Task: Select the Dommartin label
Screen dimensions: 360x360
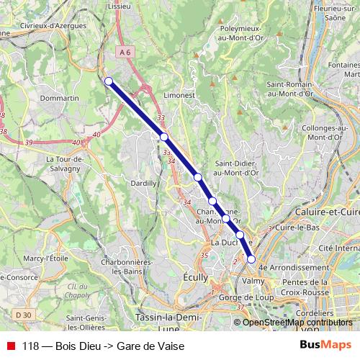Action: click(x=60, y=97)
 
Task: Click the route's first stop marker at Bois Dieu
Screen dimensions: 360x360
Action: click(x=109, y=81)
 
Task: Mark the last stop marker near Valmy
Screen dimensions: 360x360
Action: click(x=251, y=258)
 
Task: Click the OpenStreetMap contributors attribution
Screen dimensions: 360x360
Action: click(x=297, y=323)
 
